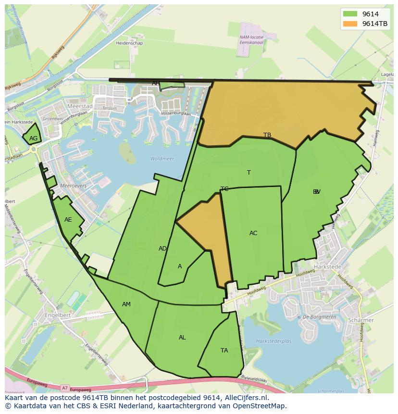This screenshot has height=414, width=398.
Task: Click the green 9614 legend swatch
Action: (350, 14)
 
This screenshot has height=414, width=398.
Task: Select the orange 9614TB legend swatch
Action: (350, 24)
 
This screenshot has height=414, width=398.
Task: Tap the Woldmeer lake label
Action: (162, 159)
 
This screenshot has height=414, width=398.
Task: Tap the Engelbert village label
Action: (57, 315)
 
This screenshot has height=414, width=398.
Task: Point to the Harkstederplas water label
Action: (274, 341)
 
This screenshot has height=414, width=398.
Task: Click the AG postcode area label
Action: (33, 138)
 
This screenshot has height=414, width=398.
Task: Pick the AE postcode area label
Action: (68, 220)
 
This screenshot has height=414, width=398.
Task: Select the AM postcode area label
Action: (126, 304)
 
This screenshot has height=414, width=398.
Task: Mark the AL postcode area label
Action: (182, 338)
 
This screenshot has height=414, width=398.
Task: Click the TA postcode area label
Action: (224, 351)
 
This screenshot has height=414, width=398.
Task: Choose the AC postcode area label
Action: (253, 233)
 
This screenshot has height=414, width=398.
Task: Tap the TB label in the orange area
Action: (267, 135)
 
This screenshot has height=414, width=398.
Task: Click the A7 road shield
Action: (65, 388)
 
